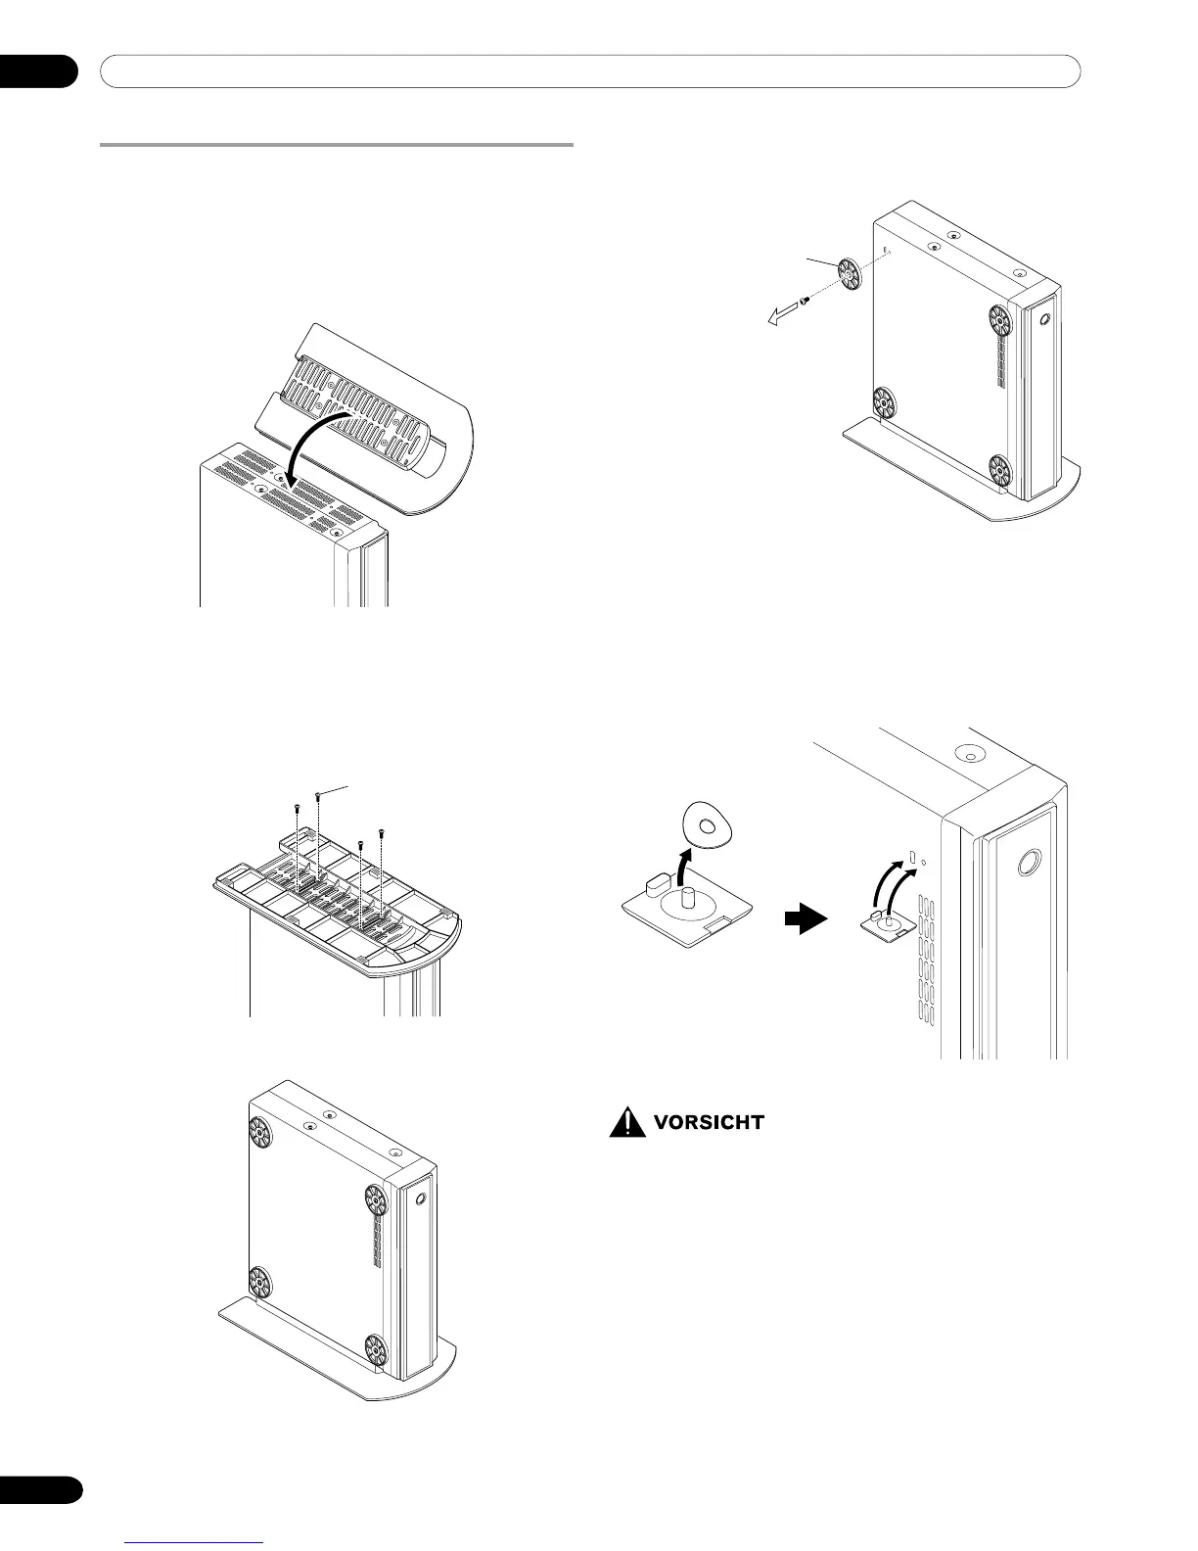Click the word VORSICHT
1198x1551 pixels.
[708, 1122]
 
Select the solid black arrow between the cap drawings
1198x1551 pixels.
[806, 920]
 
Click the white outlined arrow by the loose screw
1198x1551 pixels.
[782, 313]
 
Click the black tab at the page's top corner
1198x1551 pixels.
[38, 71]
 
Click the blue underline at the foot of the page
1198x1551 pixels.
[196, 1543]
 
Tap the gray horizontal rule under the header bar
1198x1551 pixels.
[337, 146]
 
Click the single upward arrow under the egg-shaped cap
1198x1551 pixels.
[685, 867]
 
